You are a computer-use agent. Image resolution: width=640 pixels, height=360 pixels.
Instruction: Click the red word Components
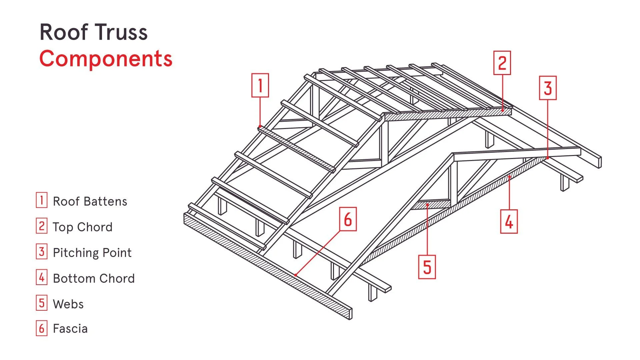106,59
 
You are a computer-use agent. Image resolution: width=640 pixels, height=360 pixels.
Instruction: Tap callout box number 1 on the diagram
260,85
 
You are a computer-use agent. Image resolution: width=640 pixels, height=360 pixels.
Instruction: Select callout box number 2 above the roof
502,63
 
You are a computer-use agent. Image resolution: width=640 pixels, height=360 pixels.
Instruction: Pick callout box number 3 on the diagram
548,88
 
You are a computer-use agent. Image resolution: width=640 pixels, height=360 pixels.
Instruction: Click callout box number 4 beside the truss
509,221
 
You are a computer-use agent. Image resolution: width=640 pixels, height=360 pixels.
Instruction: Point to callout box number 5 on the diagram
427,267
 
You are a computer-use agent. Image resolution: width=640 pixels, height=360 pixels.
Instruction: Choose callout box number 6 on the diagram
348,219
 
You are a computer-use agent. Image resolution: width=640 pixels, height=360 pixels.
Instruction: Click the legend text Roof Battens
90,201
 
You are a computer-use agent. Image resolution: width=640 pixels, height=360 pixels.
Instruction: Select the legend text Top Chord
83,227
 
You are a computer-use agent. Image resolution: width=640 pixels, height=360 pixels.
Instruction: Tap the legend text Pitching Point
92,253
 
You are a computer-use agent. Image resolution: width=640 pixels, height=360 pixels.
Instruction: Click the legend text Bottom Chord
94,278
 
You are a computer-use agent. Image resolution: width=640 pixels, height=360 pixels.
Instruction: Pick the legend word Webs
68,304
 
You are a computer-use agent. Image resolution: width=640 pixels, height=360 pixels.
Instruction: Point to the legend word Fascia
70,329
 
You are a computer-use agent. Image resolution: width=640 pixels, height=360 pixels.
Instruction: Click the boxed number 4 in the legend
42,277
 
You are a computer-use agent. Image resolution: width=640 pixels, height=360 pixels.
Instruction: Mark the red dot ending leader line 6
296,275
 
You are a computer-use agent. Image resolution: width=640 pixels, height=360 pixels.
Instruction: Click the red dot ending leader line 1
260,126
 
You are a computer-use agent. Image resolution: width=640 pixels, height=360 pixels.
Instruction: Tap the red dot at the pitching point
548,158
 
